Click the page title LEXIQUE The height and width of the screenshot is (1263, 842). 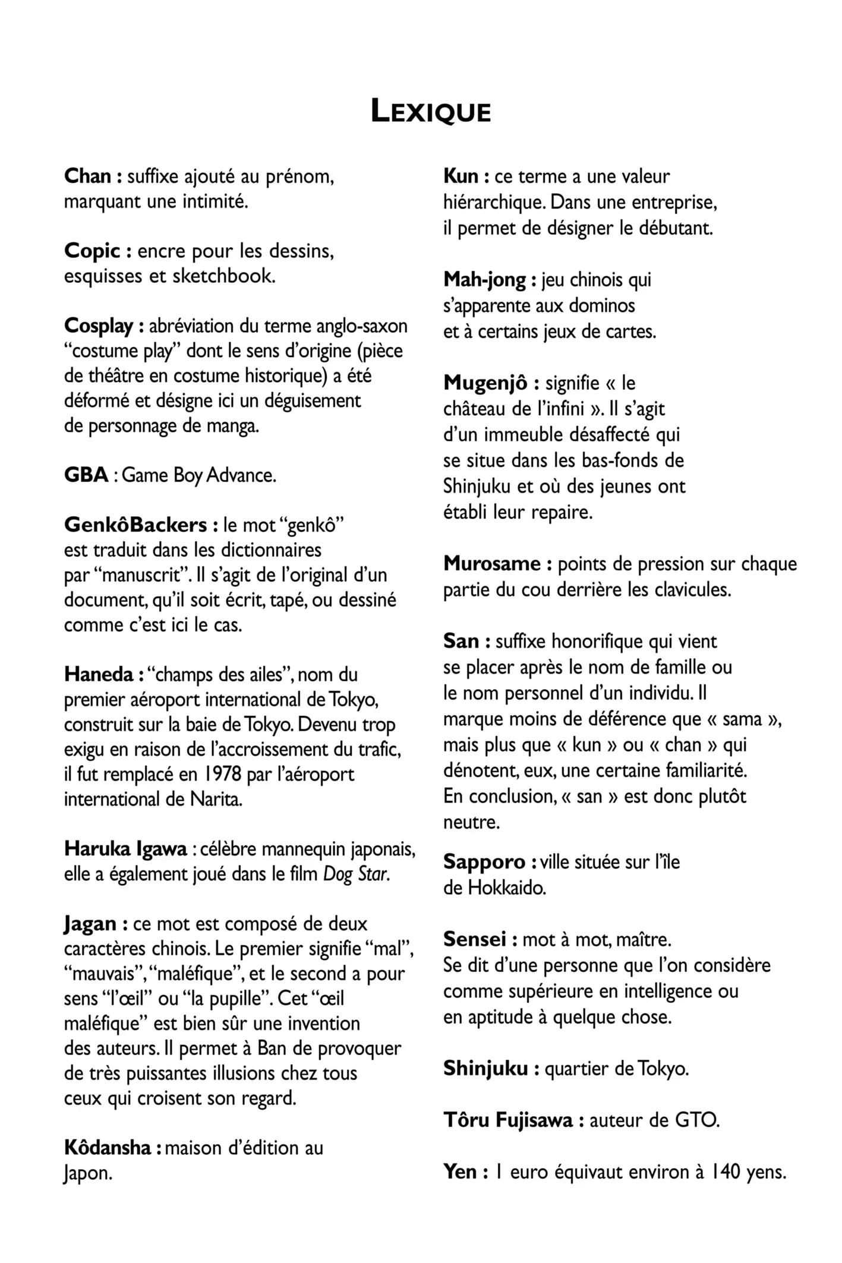(430, 112)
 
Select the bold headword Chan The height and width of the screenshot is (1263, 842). (88, 176)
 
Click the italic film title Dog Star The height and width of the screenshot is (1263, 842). (357, 874)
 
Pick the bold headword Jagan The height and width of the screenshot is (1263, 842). (90, 924)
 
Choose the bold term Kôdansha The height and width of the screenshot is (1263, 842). (107, 1147)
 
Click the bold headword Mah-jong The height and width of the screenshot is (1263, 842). (484, 279)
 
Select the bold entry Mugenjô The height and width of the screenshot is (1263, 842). (485, 383)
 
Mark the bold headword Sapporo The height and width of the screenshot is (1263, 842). (484, 861)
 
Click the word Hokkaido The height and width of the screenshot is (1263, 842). (506, 888)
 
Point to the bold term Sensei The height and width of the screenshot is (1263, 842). (475, 939)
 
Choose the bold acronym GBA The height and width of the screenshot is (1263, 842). (86, 475)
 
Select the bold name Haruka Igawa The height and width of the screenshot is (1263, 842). (125, 849)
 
